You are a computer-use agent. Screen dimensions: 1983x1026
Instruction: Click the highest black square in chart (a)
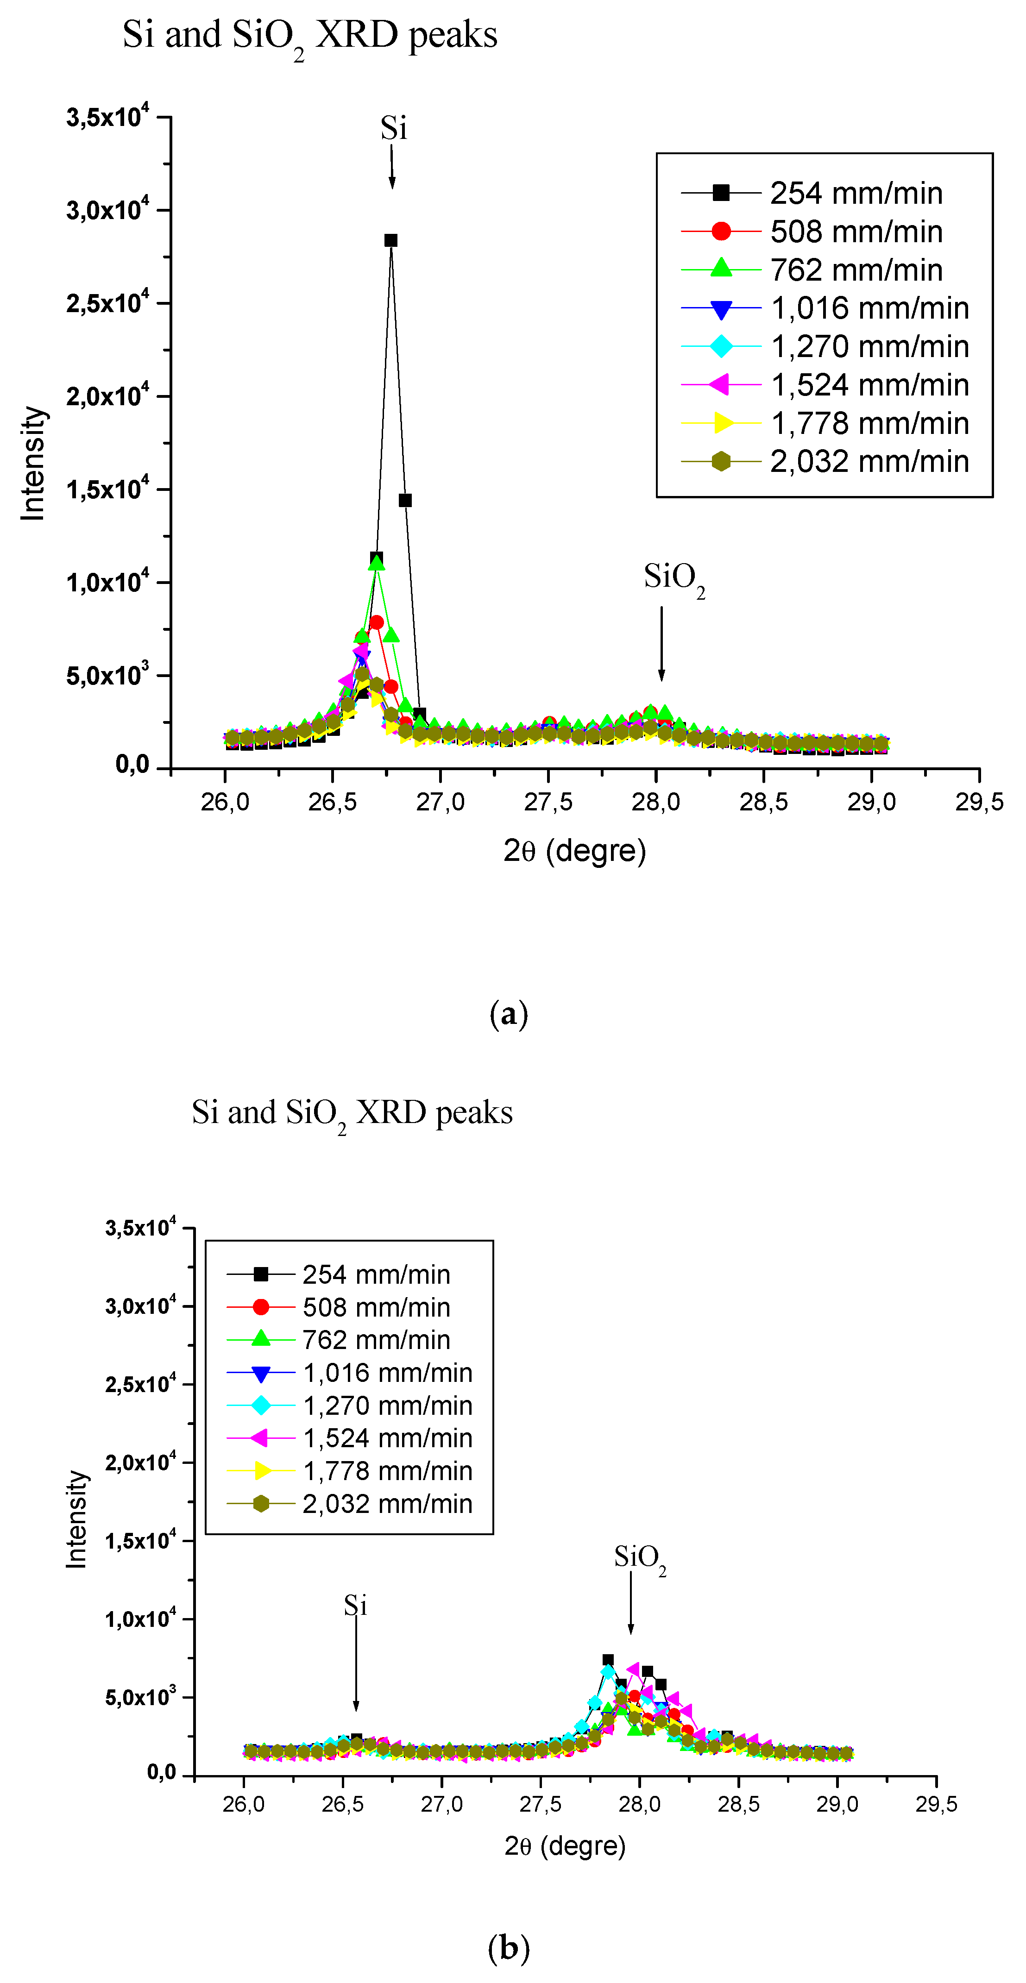pos(391,240)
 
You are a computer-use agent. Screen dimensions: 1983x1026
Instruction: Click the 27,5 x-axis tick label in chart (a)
pos(548,802)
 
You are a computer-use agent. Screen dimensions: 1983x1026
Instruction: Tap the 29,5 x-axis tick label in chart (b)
pos(936,1804)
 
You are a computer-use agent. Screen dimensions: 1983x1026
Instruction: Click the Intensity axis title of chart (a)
pos(33,464)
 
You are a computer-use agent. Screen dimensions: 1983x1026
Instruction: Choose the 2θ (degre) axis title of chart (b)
pos(565,1845)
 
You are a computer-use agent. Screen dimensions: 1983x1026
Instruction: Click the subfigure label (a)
pos(509,1014)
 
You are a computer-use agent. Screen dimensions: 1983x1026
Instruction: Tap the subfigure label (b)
pos(509,1948)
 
